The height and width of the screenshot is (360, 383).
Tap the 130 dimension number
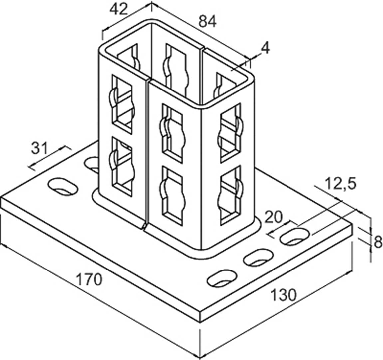[x=283, y=295]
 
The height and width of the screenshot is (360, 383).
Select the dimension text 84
[x=208, y=22]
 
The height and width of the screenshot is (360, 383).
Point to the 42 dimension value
[x=119, y=9]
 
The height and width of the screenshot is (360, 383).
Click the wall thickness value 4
[x=265, y=48]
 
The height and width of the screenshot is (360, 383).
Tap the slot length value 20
[x=274, y=217]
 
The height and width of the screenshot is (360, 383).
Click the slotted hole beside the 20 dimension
[x=294, y=237]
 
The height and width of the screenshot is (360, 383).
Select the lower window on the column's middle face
[x=172, y=190]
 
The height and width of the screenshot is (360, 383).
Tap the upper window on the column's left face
[x=122, y=103]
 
